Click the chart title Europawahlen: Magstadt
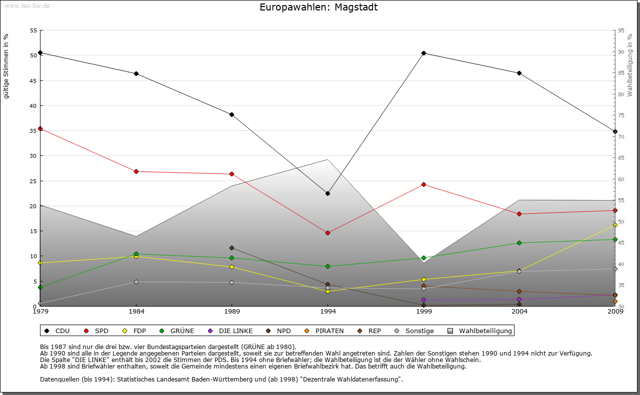[318, 7]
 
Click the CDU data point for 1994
[328, 193]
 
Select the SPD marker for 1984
[136, 171]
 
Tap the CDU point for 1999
[423, 53]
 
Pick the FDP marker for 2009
[615, 225]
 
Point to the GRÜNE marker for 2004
[519, 243]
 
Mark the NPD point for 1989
[231, 248]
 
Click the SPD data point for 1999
[423, 184]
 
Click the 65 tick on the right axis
[621, 158]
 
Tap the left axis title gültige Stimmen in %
[6, 66]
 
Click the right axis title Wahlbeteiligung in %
[630, 65]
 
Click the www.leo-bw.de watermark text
[26, 5]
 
